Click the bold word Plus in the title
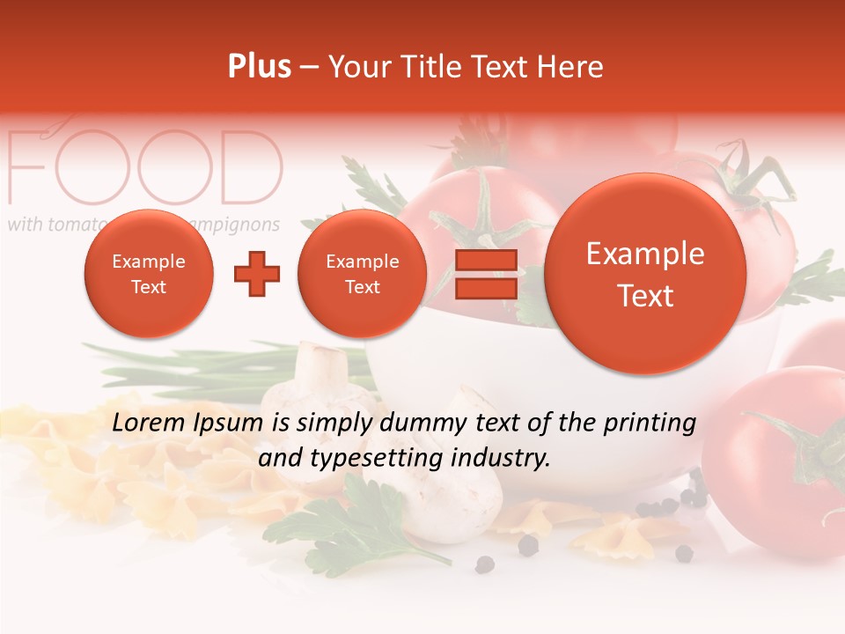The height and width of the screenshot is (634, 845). pyautogui.click(x=259, y=67)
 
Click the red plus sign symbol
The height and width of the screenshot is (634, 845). pyautogui.click(x=256, y=274)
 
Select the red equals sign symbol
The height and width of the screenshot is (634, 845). pyautogui.click(x=485, y=274)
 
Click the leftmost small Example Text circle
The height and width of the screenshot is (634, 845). pyautogui.click(x=148, y=274)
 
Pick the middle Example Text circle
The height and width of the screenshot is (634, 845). pyautogui.click(x=362, y=274)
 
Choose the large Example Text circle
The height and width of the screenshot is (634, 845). pyautogui.click(x=645, y=274)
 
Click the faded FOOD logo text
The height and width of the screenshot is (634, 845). pyautogui.click(x=145, y=167)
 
